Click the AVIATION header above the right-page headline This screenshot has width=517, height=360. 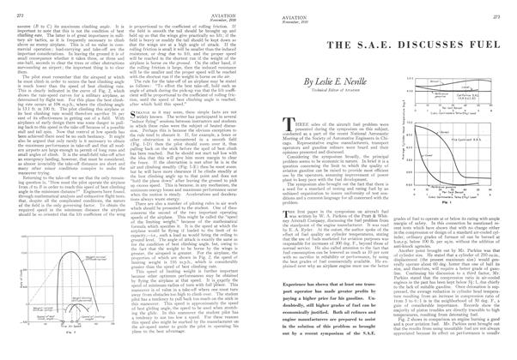[x=283, y=9]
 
